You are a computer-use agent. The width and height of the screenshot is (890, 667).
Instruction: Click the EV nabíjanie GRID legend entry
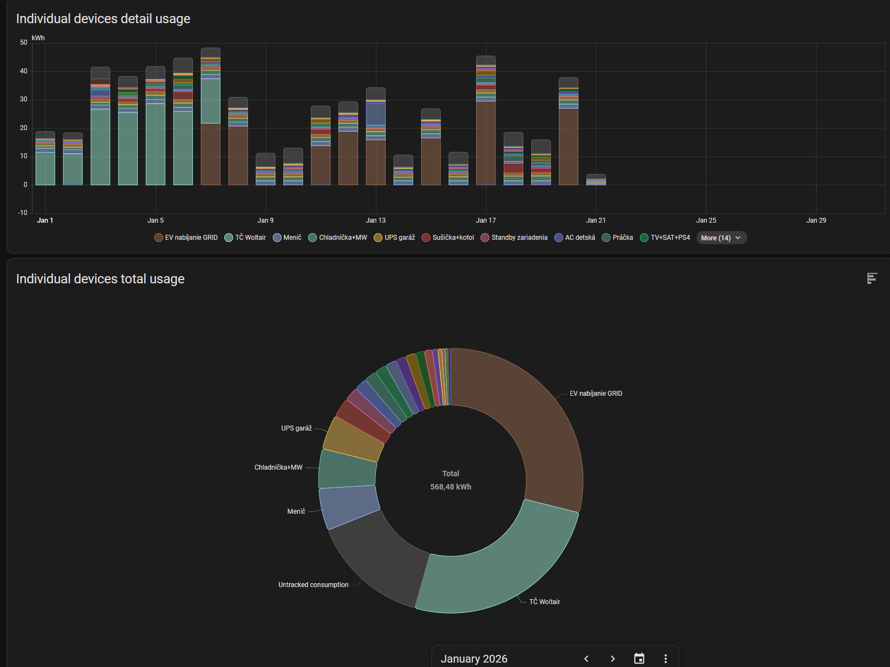click(x=186, y=238)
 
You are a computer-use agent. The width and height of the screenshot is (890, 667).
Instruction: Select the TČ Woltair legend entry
click(x=245, y=238)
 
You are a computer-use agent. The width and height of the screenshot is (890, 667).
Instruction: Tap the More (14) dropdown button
click(x=721, y=238)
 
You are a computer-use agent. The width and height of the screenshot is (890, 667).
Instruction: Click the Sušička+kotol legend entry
click(x=448, y=238)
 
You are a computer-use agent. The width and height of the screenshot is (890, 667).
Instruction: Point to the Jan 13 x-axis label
click(x=376, y=220)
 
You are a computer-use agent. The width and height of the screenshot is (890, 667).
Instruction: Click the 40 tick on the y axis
click(x=24, y=71)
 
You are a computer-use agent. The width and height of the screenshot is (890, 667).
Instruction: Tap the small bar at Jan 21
click(x=596, y=180)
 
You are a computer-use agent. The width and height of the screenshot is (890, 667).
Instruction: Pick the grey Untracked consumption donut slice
click(x=375, y=557)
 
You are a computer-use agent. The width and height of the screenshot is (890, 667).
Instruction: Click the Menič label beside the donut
click(x=296, y=512)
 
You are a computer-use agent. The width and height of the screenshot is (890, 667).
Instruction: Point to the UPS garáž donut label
click(x=296, y=428)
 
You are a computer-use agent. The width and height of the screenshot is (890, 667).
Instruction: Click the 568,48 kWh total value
click(x=451, y=487)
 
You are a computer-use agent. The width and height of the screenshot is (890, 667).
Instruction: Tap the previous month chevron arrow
click(x=586, y=659)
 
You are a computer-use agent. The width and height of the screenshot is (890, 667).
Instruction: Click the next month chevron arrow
click(x=613, y=659)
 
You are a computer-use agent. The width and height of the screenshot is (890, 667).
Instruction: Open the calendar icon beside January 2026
click(x=639, y=659)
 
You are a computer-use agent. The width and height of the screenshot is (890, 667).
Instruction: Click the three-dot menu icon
click(x=666, y=659)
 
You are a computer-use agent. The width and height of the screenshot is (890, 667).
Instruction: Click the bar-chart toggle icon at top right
click(x=872, y=278)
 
